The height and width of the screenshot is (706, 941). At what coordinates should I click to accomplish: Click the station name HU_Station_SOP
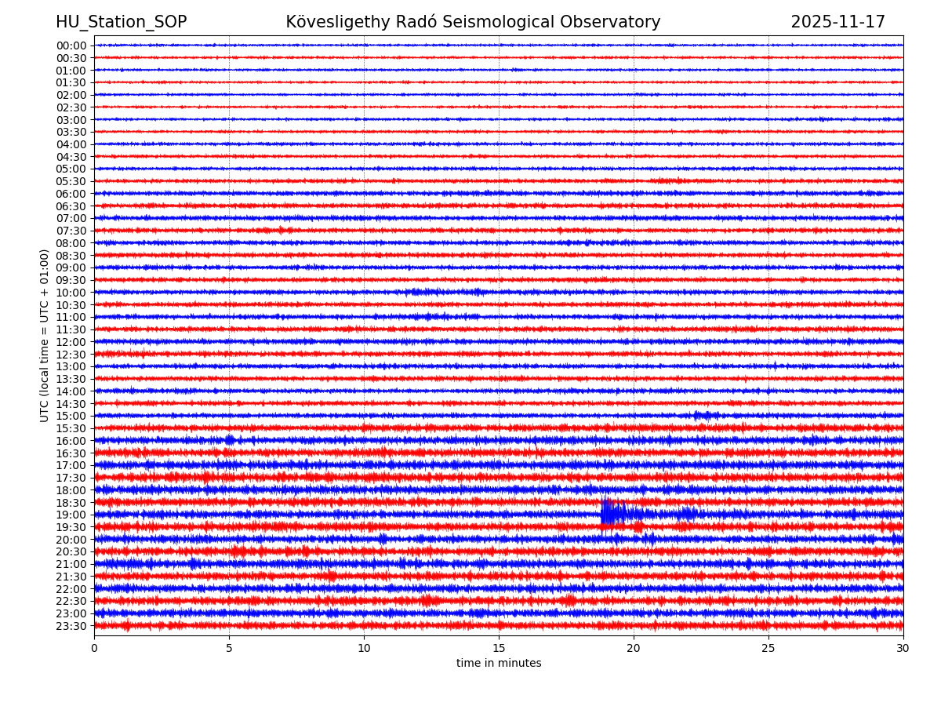coord(121,23)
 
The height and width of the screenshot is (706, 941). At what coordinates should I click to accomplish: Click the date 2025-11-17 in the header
coord(837,23)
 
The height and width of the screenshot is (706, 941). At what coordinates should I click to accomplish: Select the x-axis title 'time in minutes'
coord(499,664)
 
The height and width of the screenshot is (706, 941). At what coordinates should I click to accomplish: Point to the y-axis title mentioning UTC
coord(45,335)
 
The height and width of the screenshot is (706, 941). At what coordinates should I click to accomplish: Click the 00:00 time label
coord(71,45)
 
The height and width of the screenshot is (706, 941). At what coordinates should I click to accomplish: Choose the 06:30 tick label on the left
coord(71,206)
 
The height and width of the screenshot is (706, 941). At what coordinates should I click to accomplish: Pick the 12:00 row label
coord(71,342)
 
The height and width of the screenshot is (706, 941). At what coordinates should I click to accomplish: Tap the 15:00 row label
coord(71,416)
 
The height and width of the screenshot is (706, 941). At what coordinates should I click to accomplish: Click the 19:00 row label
coord(71,515)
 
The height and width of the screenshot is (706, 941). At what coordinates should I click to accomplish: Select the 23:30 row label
coord(71,626)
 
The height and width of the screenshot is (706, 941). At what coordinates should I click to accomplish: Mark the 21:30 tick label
coord(71,577)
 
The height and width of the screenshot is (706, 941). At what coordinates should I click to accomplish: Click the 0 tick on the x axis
coord(94,648)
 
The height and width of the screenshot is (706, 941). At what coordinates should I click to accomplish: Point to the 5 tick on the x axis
coord(229,648)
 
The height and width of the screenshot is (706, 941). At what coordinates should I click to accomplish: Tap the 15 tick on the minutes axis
coord(499,648)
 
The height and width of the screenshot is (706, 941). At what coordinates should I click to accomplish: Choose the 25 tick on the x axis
coord(768,648)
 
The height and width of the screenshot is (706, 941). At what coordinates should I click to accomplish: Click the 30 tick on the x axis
coord(903,648)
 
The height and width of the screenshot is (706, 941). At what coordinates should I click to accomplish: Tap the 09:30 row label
coord(71,280)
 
